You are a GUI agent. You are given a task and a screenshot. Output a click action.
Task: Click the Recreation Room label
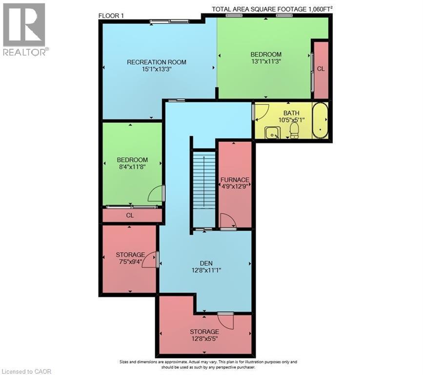157,62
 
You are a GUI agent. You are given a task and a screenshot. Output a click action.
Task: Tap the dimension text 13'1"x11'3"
266,62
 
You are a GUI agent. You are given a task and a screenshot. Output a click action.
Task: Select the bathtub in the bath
320,121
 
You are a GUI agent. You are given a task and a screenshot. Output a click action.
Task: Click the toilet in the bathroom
294,130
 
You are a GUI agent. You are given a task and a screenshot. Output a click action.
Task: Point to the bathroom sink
272,131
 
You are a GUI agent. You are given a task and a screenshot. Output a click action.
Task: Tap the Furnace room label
235,179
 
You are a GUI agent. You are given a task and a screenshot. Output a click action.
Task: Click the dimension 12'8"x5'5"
204,339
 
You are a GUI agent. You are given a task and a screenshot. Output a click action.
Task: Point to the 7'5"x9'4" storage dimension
130,262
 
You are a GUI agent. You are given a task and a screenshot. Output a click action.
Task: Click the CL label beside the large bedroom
321,69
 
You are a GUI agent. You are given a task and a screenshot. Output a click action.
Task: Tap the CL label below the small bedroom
130,215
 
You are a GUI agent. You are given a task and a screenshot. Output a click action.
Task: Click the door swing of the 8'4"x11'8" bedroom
156,195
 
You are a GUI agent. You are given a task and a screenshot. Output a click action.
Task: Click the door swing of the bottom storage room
226,320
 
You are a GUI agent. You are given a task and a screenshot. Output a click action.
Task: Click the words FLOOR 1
111,15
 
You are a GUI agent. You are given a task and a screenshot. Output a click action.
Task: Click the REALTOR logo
24,29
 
